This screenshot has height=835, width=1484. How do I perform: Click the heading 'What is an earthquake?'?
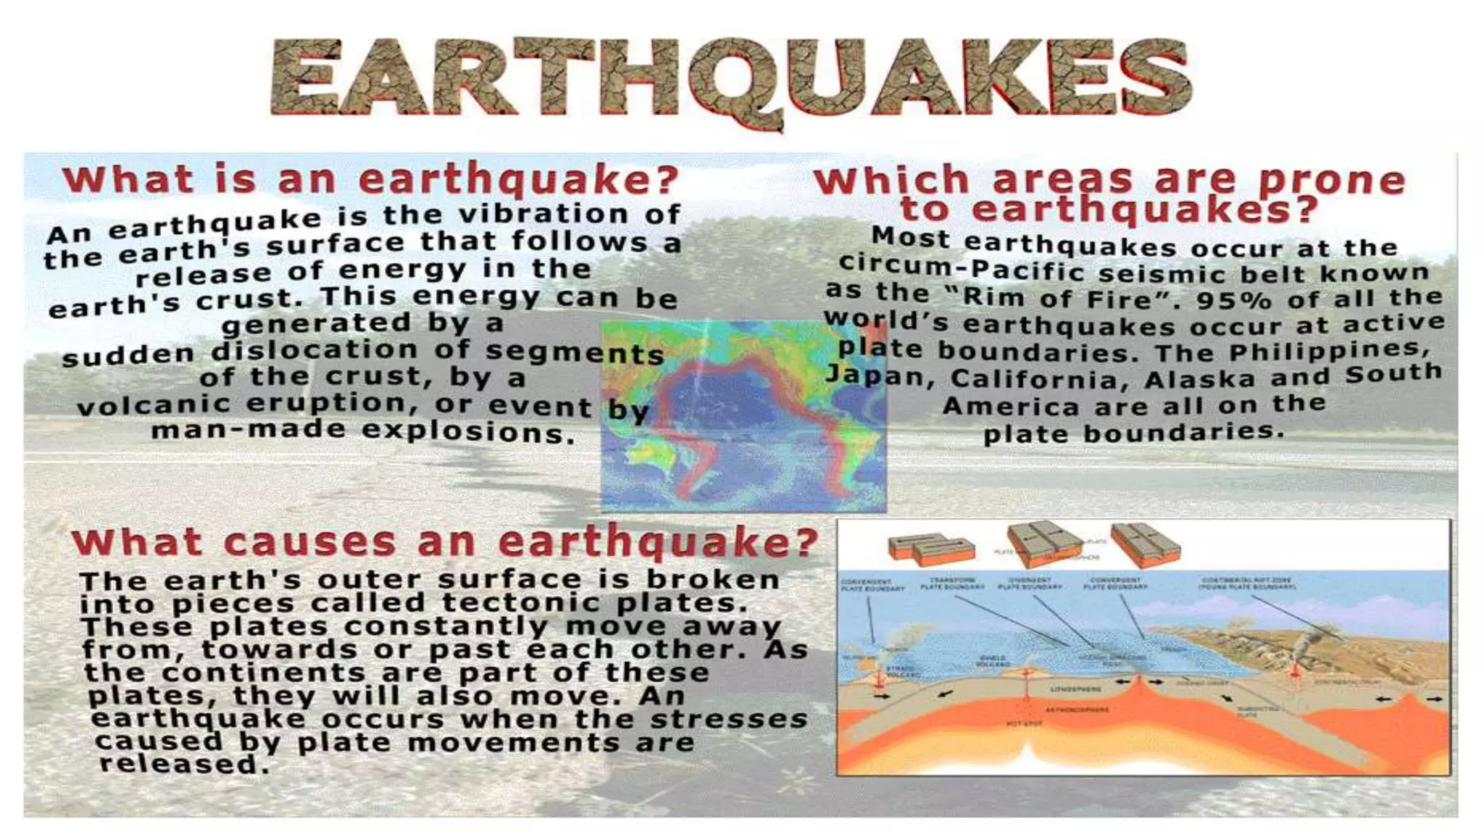(370, 179)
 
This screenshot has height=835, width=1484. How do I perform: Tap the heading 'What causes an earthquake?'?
(444, 542)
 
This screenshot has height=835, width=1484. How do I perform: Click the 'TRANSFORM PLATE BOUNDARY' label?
(952, 583)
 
